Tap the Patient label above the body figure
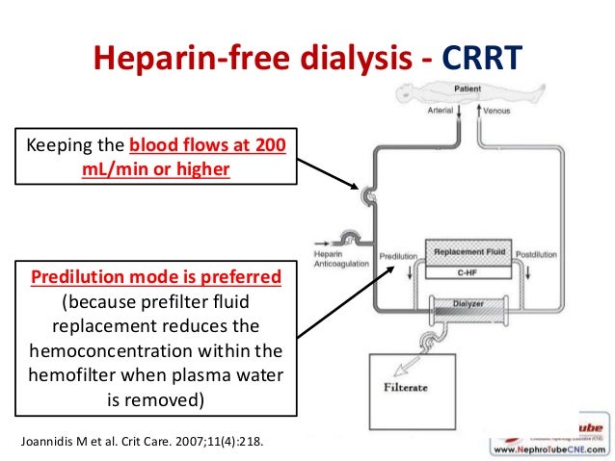coord(468,90)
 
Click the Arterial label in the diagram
coord(440,110)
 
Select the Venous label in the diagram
coord(498,110)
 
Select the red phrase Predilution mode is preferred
coord(156,277)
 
